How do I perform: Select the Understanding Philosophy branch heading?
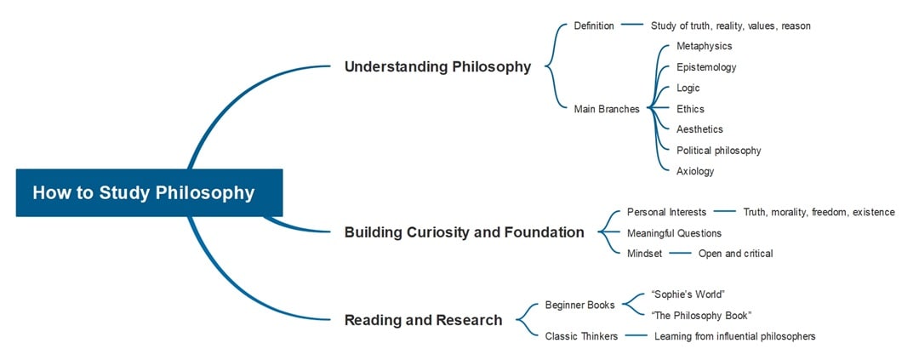pos(437,67)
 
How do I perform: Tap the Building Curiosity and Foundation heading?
pos(464,232)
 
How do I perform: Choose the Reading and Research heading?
pos(423,320)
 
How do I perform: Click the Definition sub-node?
pos(593,26)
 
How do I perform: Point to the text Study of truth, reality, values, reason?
pos(730,26)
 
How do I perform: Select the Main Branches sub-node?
pos(606,109)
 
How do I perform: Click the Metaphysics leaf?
pos(704,46)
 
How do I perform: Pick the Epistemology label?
pos(706,67)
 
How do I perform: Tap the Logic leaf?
pos(688,88)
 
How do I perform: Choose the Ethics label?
pos(690,109)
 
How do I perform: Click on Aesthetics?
pos(699,129)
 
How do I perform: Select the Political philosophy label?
pos(718,151)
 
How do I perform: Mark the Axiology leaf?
pos(695,171)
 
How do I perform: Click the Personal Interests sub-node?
pos(666,212)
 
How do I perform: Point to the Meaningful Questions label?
pos(674,233)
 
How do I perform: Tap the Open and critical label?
pos(735,254)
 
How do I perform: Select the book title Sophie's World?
pos(688,294)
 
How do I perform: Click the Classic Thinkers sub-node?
pos(581,336)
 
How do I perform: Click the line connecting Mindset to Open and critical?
pos(680,254)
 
